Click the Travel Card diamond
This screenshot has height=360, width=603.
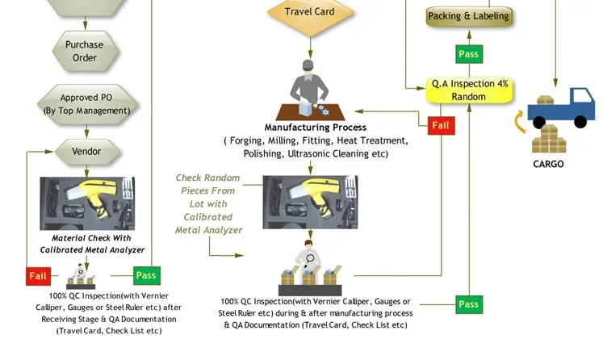point(310,13)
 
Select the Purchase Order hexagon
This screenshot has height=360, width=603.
point(85,51)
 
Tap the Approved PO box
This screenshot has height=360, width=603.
point(84,104)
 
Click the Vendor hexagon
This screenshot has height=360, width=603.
point(86,151)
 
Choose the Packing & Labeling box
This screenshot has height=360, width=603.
point(468,16)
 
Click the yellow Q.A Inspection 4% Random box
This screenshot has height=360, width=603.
point(469,90)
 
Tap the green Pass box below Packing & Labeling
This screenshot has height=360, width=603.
point(468,54)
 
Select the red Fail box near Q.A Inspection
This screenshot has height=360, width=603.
point(441,125)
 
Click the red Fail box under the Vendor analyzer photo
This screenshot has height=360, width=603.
point(38,276)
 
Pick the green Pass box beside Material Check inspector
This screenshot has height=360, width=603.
point(146,275)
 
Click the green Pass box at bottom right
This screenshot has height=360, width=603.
point(468,304)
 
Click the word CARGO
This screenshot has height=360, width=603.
point(548,164)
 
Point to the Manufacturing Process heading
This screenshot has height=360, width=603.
point(316,128)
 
